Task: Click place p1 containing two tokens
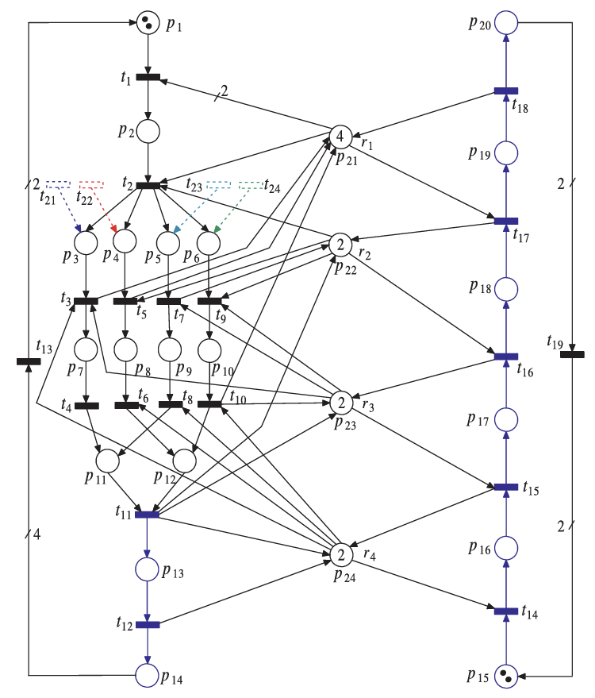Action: tap(148, 22)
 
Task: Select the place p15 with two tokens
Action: tap(505, 676)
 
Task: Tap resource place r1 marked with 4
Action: tap(340, 137)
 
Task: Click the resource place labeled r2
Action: tap(340, 244)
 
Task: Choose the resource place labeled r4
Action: tap(340, 553)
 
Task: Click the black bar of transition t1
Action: tap(148, 77)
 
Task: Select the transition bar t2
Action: tap(148, 186)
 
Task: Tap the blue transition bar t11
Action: tap(148, 515)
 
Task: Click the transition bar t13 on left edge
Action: tap(29, 362)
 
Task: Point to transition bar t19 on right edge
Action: tap(572, 353)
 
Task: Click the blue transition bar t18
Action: tap(506, 91)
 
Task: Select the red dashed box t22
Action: tap(91, 184)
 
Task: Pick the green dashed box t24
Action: tap(251, 184)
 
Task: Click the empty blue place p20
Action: tap(506, 22)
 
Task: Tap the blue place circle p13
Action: tap(148, 569)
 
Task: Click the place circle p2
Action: tap(148, 131)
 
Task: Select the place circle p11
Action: tap(107, 460)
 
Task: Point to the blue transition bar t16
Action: tap(506, 357)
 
